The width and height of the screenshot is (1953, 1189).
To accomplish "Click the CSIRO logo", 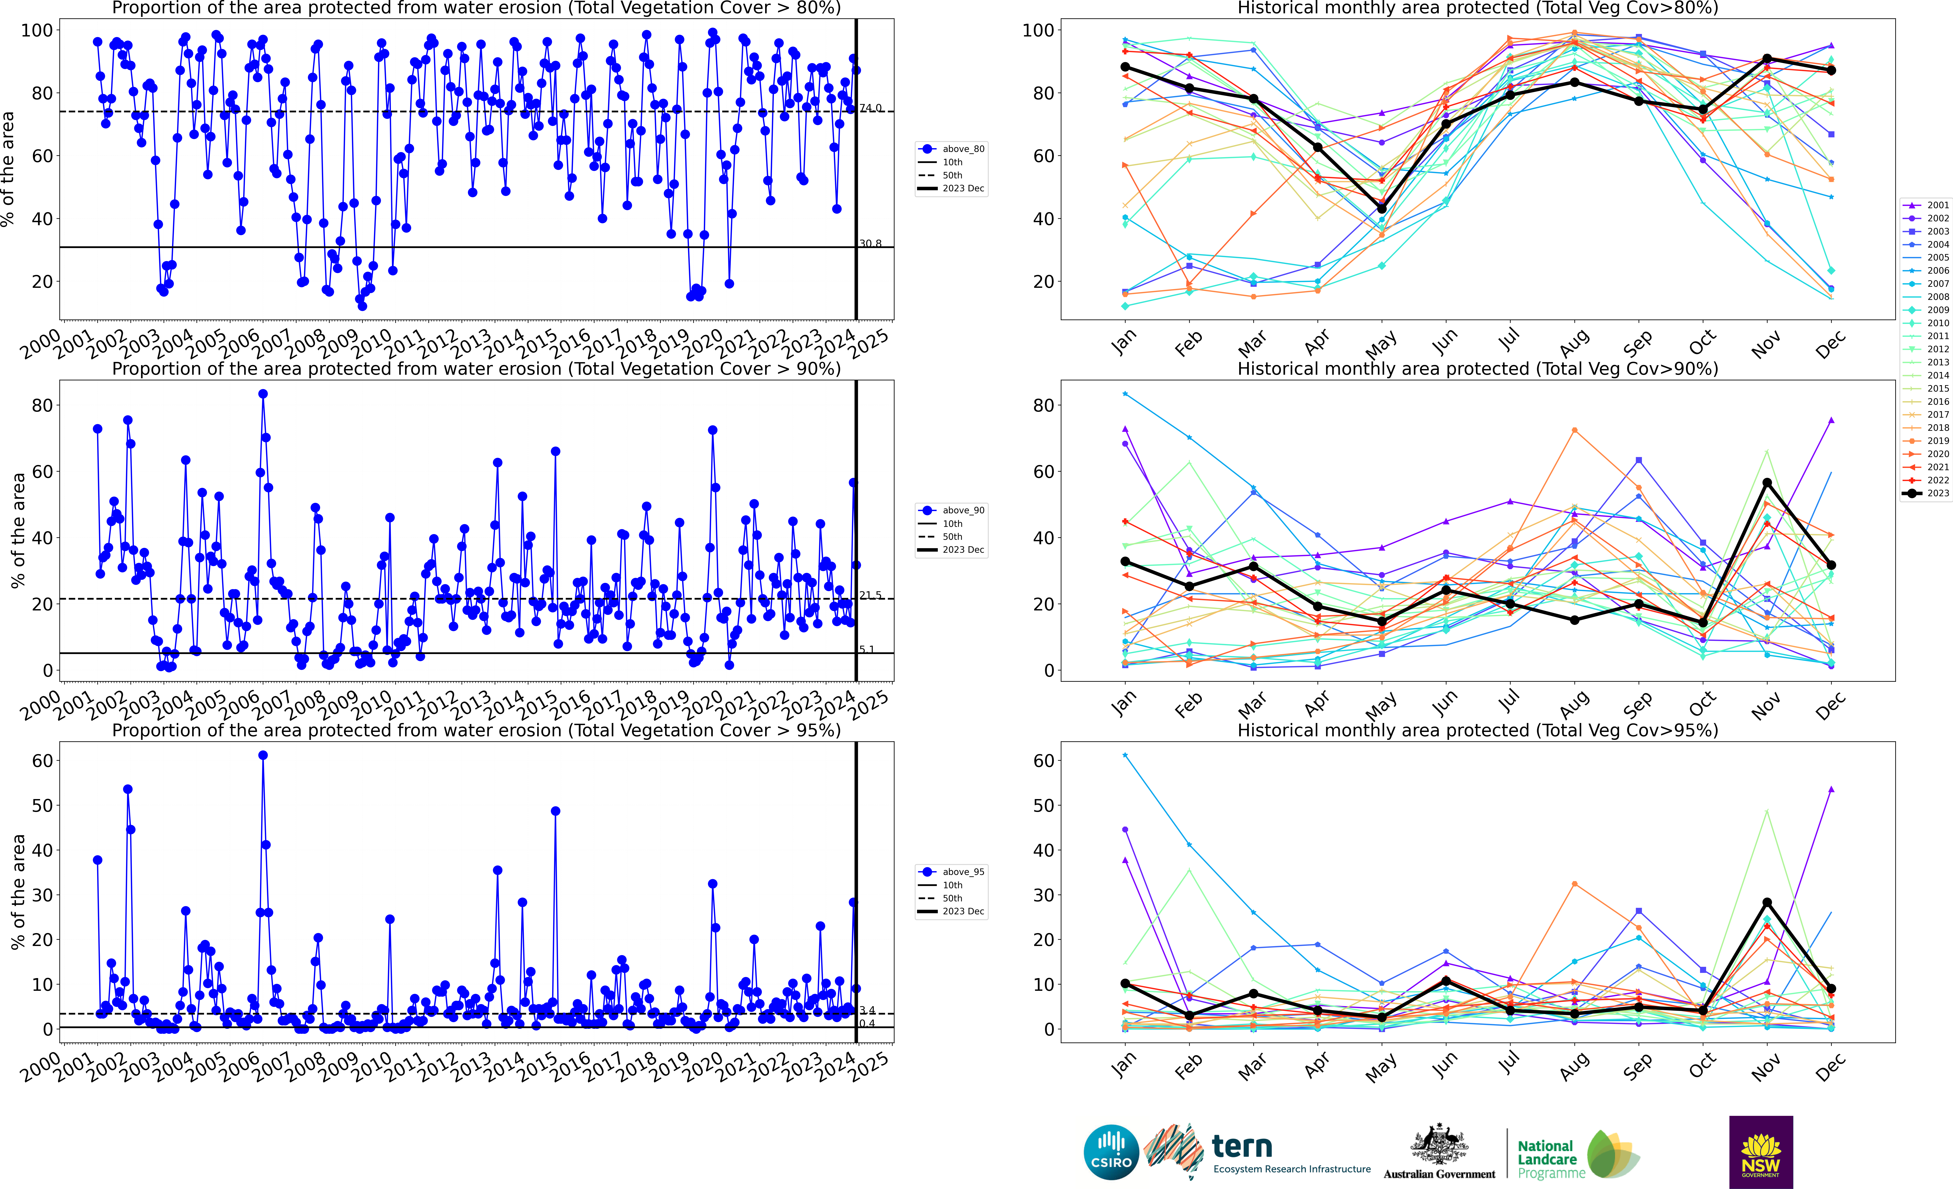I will point(1111,1152).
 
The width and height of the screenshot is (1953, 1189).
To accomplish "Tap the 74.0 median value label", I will point(870,108).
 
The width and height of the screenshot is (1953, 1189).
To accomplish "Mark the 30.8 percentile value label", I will point(870,243).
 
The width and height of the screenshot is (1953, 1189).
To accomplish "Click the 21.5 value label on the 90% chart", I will point(870,595).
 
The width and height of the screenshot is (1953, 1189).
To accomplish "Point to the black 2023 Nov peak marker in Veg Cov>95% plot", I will point(1767,902).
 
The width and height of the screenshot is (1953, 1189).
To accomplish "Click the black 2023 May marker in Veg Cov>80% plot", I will point(1381,209).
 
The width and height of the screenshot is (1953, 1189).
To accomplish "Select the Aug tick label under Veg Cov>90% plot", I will point(1574,702).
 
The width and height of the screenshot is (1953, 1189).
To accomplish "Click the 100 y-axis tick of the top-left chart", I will point(36,30).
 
